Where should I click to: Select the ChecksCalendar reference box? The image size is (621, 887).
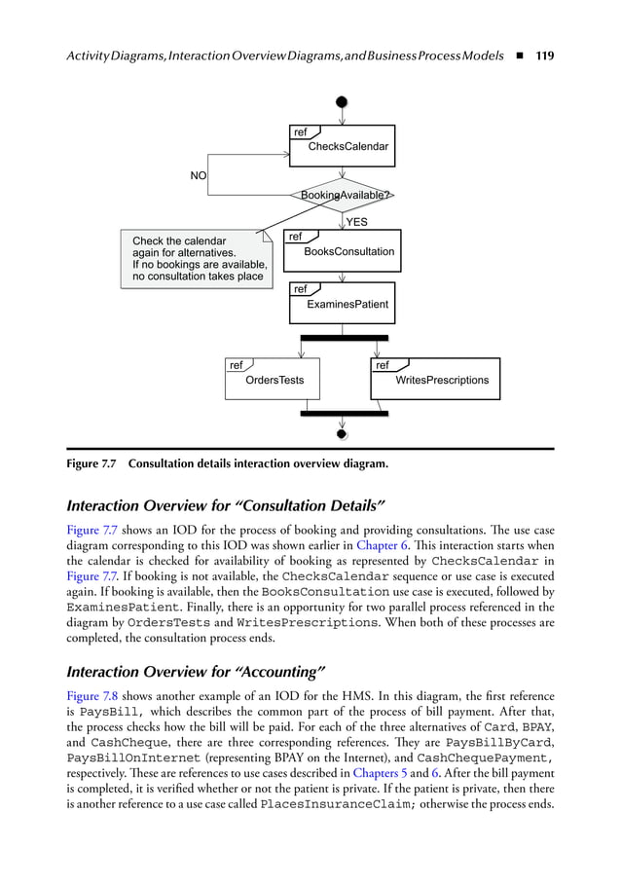pyautogui.click(x=342, y=146)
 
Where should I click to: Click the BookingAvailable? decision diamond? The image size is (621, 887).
pyautogui.click(x=342, y=196)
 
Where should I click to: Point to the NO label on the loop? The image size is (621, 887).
pyautogui.click(x=199, y=176)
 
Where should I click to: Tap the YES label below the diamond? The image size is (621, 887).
pyautogui.click(x=357, y=222)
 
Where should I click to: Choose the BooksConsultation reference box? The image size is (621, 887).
pyautogui.click(x=342, y=250)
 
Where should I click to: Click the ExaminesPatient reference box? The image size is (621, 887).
pyautogui.click(x=342, y=303)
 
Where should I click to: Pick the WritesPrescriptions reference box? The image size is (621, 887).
pyautogui.click(x=435, y=379)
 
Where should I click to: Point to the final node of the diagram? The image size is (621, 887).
pyautogui.click(x=342, y=434)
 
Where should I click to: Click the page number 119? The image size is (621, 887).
pyautogui.click(x=544, y=55)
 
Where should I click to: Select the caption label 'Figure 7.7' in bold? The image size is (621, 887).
pyautogui.click(x=91, y=463)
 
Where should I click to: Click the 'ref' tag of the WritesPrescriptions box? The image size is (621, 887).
pyautogui.click(x=383, y=366)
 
